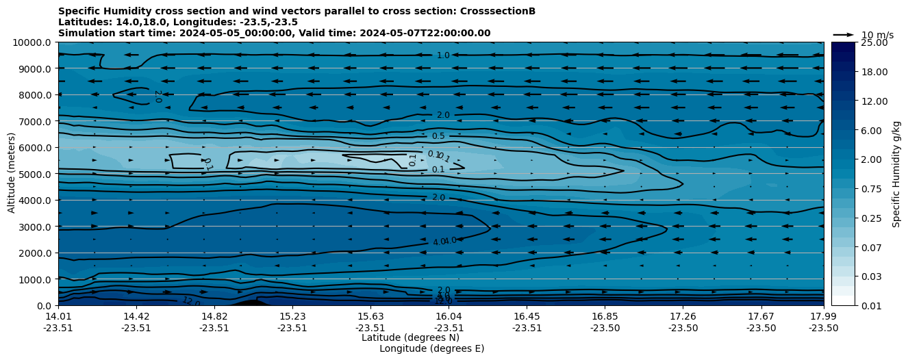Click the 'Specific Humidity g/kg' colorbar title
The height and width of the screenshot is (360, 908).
896,174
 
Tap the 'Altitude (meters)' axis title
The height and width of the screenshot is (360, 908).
12,174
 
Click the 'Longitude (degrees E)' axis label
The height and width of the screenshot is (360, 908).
431,348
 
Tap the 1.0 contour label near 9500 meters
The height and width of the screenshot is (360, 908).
443,55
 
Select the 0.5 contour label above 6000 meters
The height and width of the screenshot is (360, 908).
438,136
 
